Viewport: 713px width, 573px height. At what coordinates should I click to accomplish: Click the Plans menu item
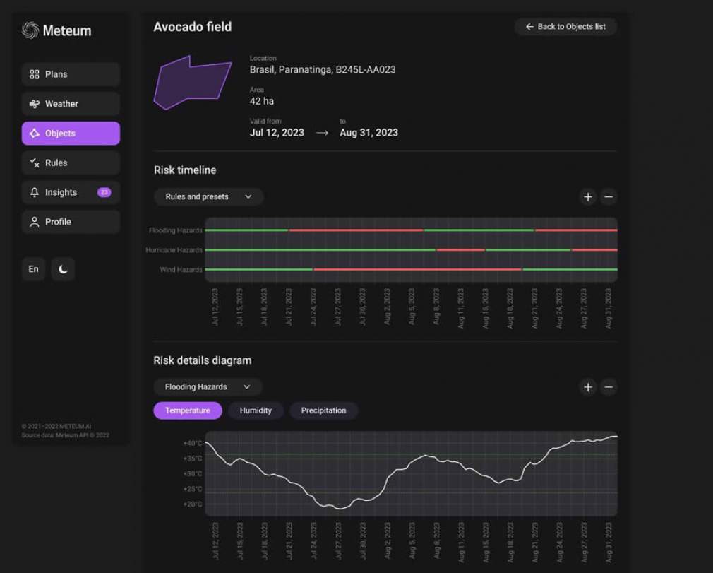pyautogui.click(x=71, y=74)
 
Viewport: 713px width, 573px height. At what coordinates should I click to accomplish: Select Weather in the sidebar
pyautogui.click(x=71, y=104)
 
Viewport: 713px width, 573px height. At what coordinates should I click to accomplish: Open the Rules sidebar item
pyautogui.click(x=71, y=163)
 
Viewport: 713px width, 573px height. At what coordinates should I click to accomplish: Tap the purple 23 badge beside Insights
pyautogui.click(x=104, y=192)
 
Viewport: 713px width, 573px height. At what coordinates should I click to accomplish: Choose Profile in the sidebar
pyautogui.click(x=71, y=222)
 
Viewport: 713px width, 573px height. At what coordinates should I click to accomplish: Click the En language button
pyautogui.click(x=34, y=269)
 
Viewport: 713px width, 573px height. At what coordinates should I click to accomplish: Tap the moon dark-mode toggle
pyautogui.click(x=63, y=269)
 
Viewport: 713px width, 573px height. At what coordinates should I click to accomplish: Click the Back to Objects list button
pyautogui.click(x=565, y=27)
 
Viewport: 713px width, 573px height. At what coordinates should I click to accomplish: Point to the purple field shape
pyautogui.click(x=192, y=82)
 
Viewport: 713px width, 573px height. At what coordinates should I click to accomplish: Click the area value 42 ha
pyautogui.click(x=262, y=101)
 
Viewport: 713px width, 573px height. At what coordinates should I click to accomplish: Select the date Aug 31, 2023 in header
pyautogui.click(x=369, y=132)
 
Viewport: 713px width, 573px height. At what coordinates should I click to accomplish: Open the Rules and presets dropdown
pyautogui.click(x=208, y=196)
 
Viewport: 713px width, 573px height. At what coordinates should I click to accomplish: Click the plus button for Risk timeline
pyautogui.click(x=588, y=197)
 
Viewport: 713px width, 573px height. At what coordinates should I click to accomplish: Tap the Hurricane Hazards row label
pyautogui.click(x=174, y=250)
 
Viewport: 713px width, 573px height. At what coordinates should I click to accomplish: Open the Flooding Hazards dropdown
pyautogui.click(x=208, y=387)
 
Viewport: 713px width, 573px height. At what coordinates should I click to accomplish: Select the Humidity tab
pyautogui.click(x=256, y=410)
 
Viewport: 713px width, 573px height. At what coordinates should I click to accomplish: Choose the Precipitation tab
pyautogui.click(x=323, y=410)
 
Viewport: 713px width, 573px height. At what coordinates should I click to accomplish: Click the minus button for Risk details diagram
pyautogui.click(x=609, y=387)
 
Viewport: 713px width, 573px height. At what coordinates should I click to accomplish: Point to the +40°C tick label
pyautogui.click(x=193, y=444)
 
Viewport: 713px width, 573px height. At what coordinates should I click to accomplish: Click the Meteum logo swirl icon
pyautogui.click(x=30, y=30)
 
